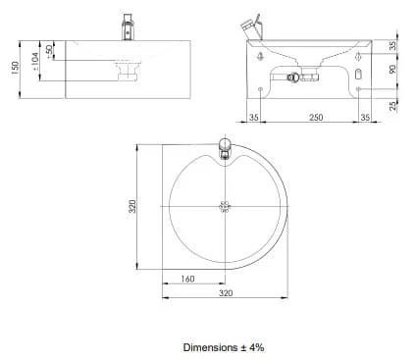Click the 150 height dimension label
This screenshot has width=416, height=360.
click(x=15, y=68)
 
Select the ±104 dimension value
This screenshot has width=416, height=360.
click(x=34, y=62)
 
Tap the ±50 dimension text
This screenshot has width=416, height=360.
click(x=49, y=52)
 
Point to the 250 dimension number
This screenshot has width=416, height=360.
click(x=316, y=118)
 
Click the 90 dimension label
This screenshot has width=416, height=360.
click(x=392, y=69)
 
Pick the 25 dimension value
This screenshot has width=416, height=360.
click(x=392, y=106)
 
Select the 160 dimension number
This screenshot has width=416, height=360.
click(x=187, y=279)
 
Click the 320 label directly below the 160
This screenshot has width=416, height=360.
click(x=226, y=293)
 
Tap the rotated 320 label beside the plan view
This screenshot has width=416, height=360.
click(x=131, y=207)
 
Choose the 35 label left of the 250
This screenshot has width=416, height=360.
click(x=254, y=118)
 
